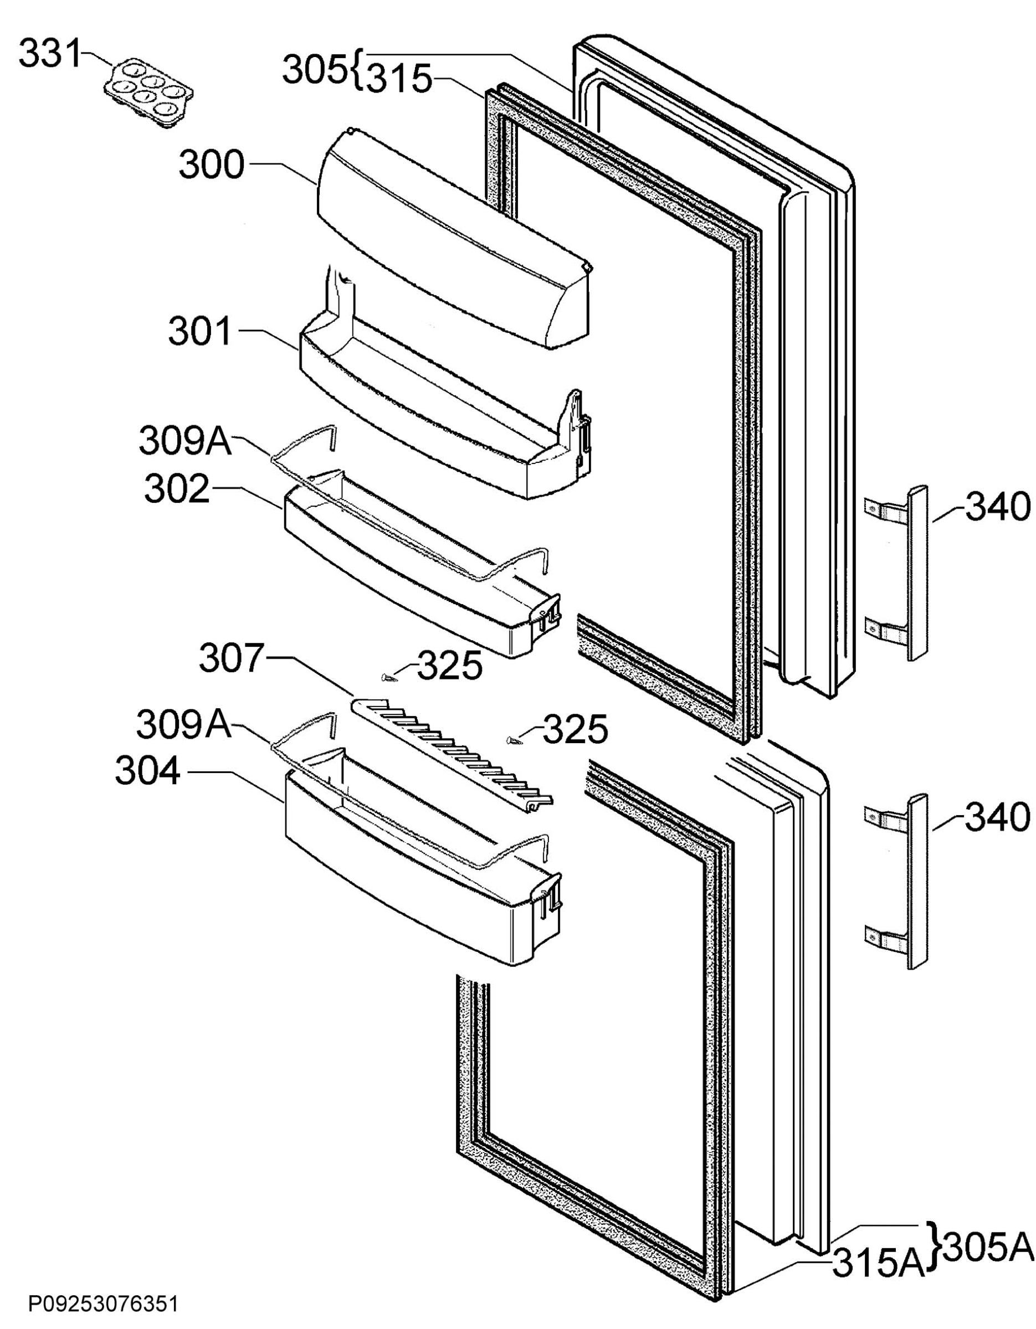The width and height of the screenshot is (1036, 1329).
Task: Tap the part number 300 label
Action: [211, 165]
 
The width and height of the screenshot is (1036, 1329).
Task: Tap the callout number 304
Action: [148, 772]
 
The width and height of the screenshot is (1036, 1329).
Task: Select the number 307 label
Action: [233, 658]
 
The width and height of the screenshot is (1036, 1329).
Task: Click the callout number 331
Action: [50, 55]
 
